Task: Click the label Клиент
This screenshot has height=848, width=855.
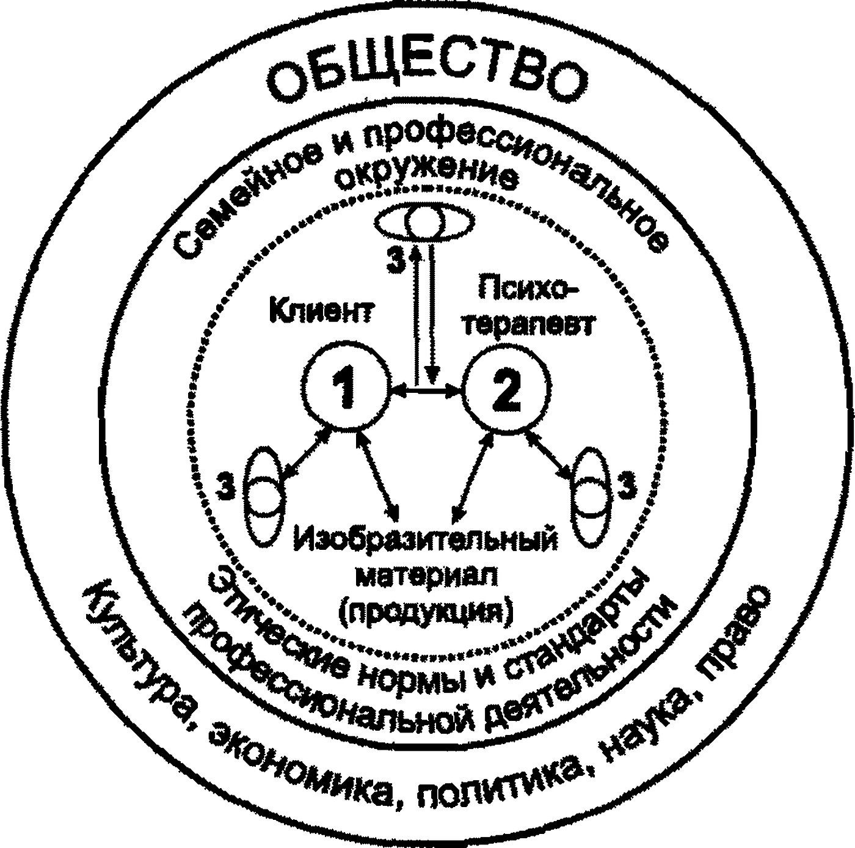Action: [321, 311]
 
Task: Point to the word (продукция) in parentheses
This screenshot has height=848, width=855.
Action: [428, 611]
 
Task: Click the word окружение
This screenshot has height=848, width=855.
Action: [428, 177]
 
